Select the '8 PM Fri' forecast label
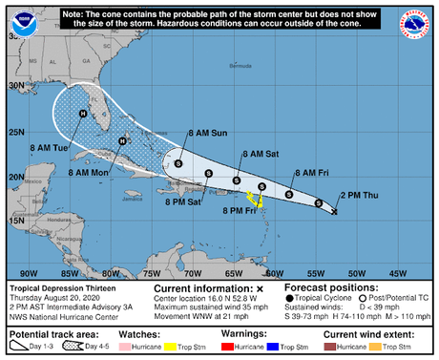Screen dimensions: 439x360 238,210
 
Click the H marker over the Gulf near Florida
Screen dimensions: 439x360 83,114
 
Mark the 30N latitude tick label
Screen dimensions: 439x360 15,84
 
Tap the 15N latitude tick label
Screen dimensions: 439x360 15,221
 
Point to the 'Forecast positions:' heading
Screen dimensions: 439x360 328,286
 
